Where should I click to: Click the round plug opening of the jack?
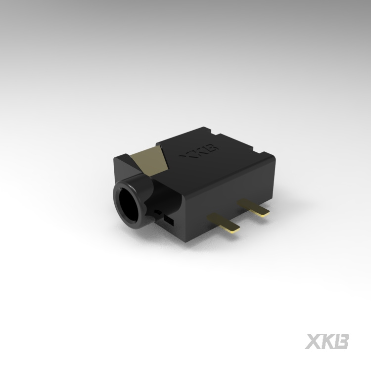tap(128, 206)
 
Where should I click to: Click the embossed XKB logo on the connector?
tap(198, 153)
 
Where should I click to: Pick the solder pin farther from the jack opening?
tap(253, 207)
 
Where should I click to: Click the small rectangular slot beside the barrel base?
tap(169, 220)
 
